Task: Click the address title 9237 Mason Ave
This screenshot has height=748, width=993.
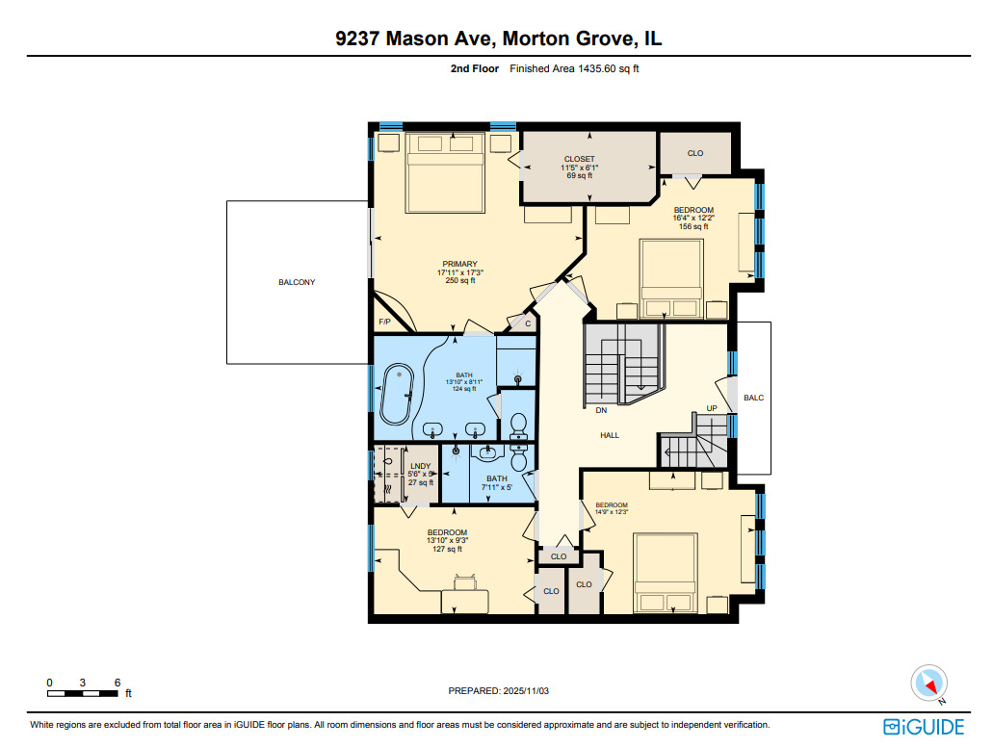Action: click(x=498, y=39)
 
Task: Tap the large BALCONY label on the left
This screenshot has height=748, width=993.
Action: click(x=297, y=282)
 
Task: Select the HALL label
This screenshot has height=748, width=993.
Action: click(x=610, y=435)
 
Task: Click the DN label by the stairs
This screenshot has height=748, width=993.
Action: click(x=600, y=409)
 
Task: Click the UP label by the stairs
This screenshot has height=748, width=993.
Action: click(x=712, y=408)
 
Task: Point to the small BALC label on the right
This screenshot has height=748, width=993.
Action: click(x=754, y=397)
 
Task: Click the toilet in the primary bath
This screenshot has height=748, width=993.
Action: click(x=517, y=425)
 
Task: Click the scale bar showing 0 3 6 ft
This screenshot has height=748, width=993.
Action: click(x=85, y=692)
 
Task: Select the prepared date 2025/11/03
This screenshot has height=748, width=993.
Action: click(x=498, y=690)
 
